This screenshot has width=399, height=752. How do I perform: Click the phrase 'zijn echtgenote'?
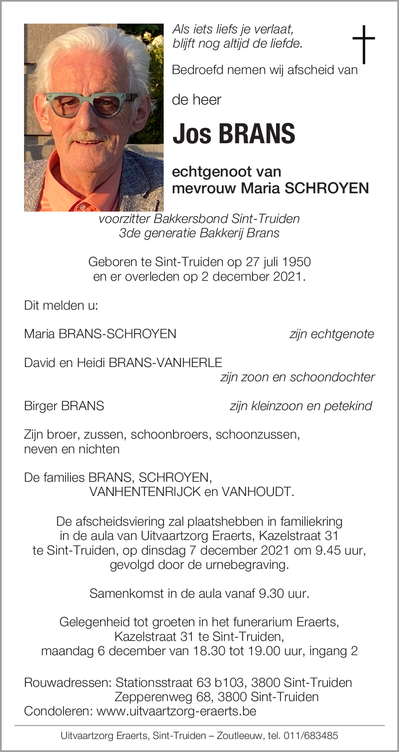coord(331,334)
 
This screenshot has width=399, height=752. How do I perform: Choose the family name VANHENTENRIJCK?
coord(145,492)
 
